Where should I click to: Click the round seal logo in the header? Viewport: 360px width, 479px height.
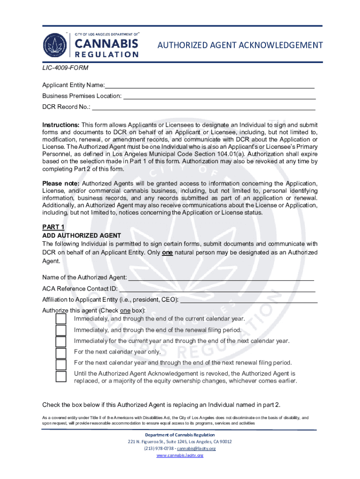(56, 45)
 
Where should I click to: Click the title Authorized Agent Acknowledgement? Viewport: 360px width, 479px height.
(240, 45)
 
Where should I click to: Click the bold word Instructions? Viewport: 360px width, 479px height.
(61, 125)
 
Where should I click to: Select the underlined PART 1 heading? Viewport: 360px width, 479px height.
(53, 227)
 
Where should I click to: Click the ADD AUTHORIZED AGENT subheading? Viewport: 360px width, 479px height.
(82, 235)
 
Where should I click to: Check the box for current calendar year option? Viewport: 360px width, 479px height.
(61, 319)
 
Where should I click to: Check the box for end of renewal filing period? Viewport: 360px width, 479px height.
(61, 330)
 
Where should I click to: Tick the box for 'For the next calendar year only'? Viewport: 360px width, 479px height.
(61, 353)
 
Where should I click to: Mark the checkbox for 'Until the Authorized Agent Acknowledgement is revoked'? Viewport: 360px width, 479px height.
(61, 376)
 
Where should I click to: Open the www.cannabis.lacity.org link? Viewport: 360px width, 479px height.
(180, 456)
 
